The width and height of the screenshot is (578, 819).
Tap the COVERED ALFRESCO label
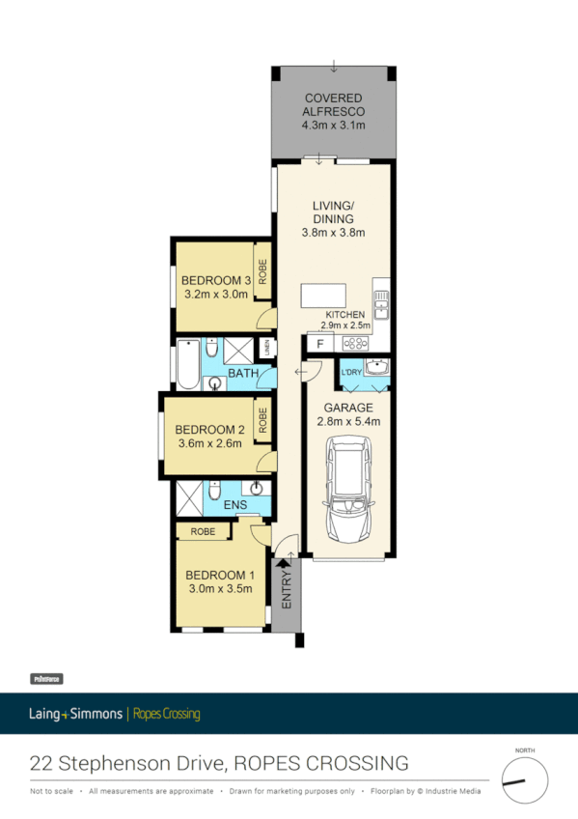(333, 105)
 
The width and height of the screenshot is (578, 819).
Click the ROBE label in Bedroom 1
(202, 531)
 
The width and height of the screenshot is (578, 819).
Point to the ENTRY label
(287, 588)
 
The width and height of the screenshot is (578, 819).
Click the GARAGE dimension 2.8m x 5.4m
(347, 421)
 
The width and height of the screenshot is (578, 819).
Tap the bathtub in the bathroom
(185, 363)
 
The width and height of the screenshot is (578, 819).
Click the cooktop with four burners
(357, 343)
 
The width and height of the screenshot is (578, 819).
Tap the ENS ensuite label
(234, 504)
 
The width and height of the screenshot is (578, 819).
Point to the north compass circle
(524, 780)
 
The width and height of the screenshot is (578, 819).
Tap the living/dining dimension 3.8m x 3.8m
(333, 232)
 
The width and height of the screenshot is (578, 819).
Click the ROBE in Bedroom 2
(261, 420)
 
